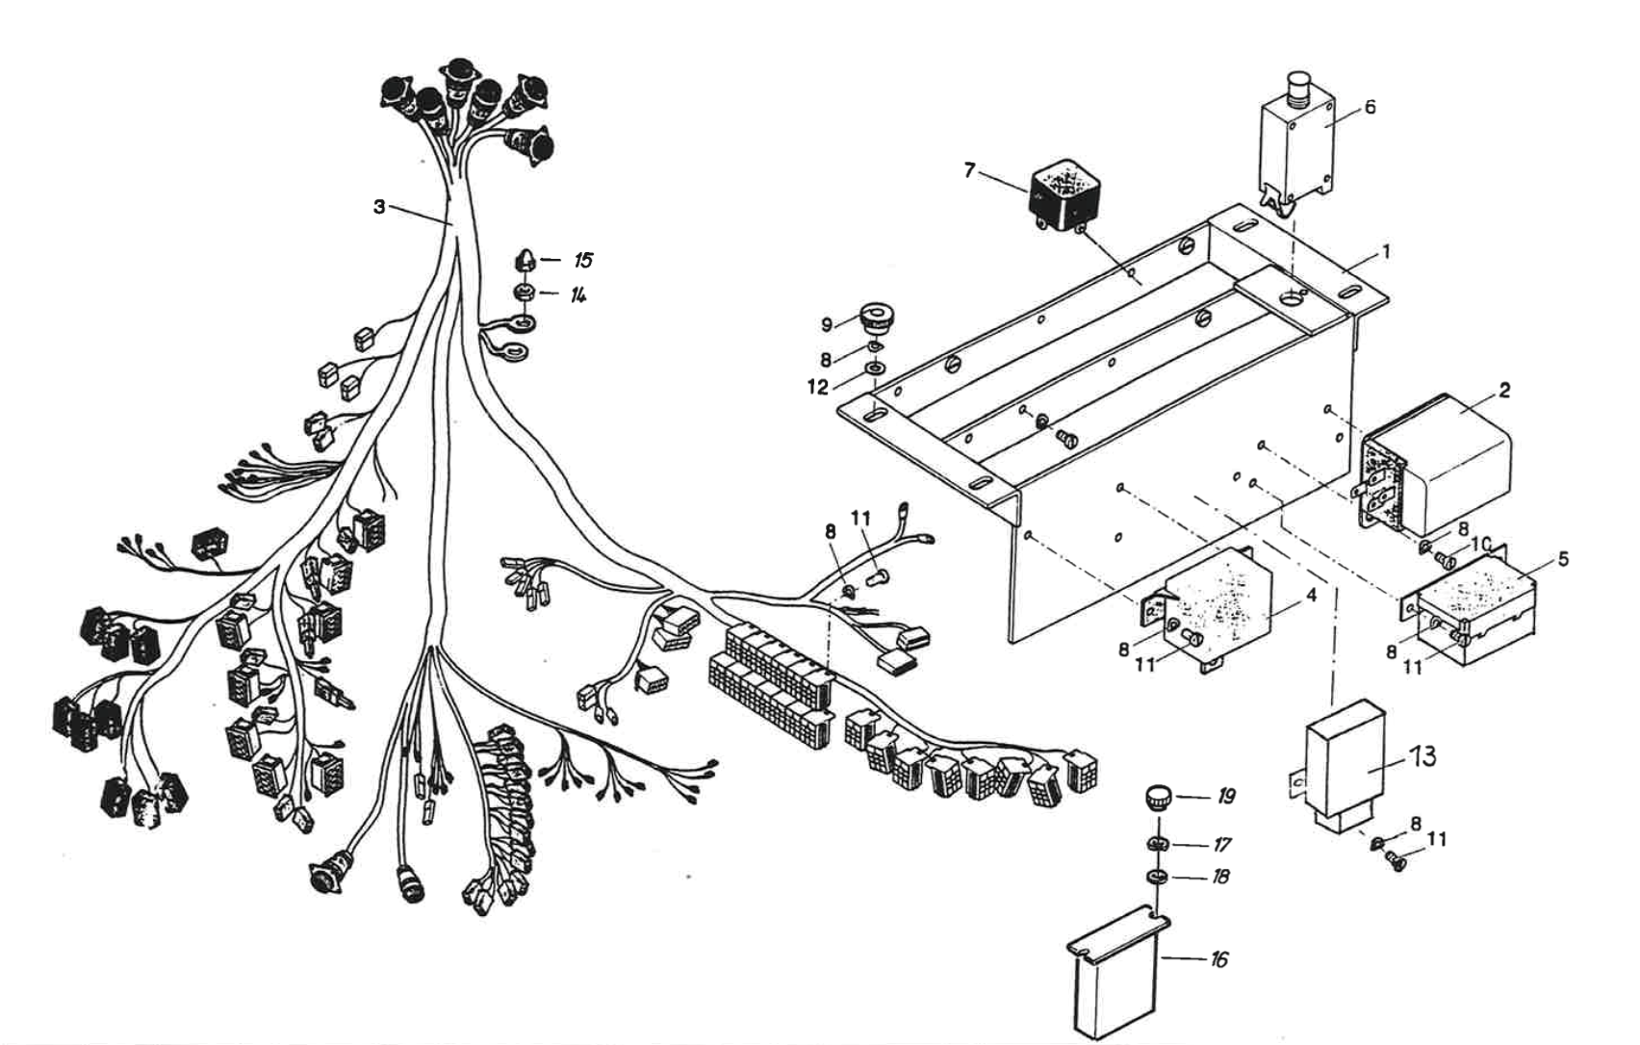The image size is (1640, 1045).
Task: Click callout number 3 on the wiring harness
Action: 379,207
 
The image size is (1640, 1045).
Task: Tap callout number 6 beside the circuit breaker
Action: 1370,107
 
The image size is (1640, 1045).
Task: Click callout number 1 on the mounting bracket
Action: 1385,252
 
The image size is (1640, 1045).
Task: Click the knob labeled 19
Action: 1157,797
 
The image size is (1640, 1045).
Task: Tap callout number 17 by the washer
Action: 1222,846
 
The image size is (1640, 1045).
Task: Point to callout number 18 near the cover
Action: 1221,878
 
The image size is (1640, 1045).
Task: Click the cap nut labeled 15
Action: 525,260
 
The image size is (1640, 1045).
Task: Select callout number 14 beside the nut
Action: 578,293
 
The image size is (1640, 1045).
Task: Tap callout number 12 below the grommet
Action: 817,387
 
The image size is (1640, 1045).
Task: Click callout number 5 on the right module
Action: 1562,559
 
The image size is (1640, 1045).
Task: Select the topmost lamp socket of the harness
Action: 457,73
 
